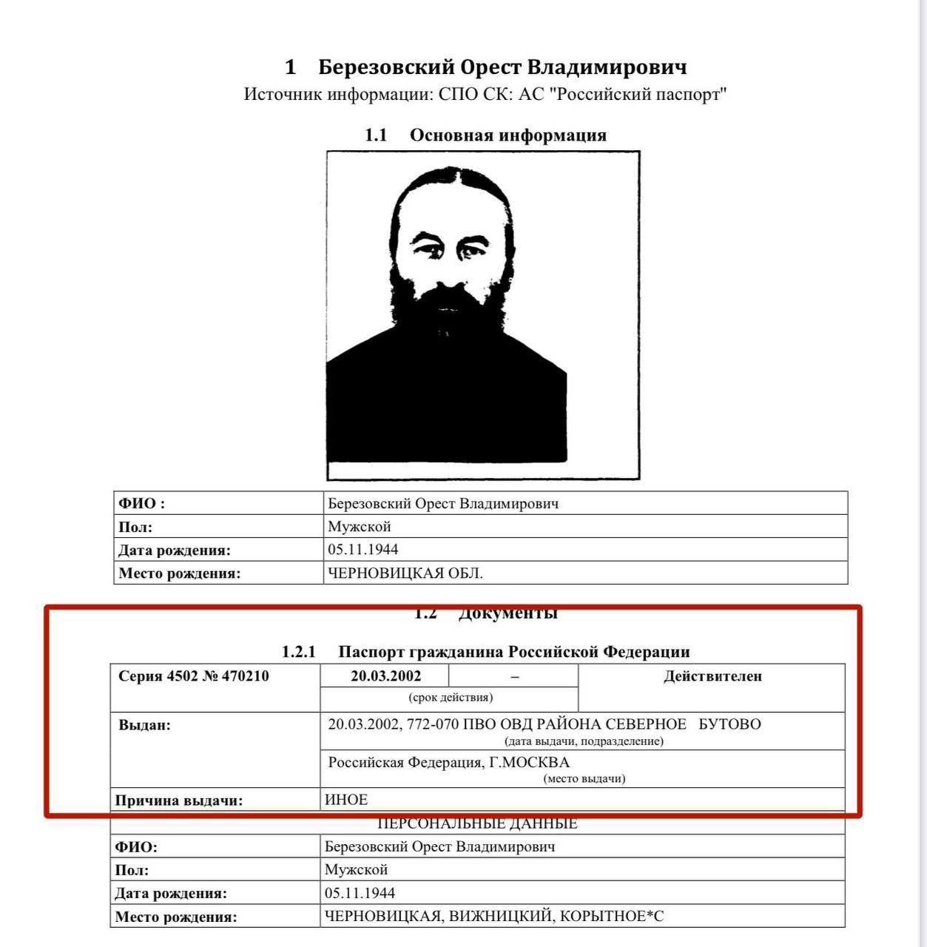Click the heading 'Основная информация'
point(508,135)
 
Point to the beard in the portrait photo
point(448,311)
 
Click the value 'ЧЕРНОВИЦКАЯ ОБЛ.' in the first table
point(405,573)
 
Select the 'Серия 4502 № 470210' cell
point(194,676)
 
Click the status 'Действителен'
point(712,676)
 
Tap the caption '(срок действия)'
point(450,698)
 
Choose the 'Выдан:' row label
point(145,725)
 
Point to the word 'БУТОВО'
point(729,724)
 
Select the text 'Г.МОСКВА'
point(530,763)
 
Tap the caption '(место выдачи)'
point(584,778)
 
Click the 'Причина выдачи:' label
point(179,801)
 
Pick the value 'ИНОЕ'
point(346,800)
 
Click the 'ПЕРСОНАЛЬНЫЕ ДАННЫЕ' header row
point(477,823)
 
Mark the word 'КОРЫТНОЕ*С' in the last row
point(612,917)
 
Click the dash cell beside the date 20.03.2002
point(514,676)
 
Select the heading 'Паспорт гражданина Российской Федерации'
point(513,652)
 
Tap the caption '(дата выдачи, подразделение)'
point(584,741)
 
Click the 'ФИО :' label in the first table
point(142,504)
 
